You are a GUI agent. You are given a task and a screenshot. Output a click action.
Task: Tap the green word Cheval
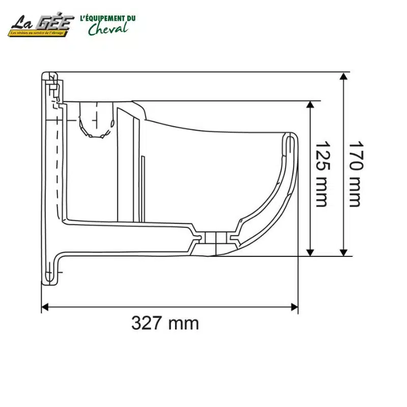tap(107, 28)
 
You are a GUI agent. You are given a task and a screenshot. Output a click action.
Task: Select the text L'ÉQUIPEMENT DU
tap(108, 18)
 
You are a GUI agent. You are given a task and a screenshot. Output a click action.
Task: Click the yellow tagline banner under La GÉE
tap(41, 33)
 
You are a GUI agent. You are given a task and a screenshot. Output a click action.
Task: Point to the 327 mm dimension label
tap(165, 323)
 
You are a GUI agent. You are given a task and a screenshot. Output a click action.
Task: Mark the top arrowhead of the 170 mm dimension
tap(344, 76)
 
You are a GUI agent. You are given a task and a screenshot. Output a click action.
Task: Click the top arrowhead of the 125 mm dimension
tap(310, 105)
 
